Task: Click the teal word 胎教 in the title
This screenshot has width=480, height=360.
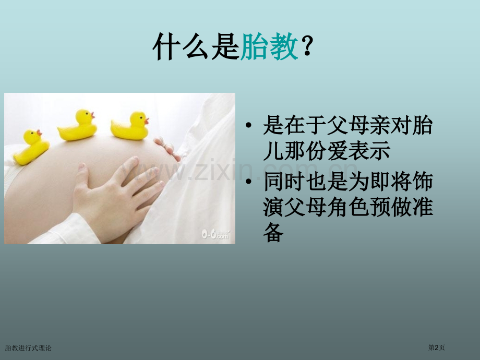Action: [270, 49]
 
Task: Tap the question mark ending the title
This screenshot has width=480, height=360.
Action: [307, 49]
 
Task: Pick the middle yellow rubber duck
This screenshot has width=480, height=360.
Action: [78, 125]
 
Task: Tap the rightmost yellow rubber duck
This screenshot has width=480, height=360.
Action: [130, 126]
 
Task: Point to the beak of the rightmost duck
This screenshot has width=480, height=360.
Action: [147, 121]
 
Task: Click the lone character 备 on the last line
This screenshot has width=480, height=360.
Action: [273, 233]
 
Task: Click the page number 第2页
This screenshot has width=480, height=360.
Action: [436, 347]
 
